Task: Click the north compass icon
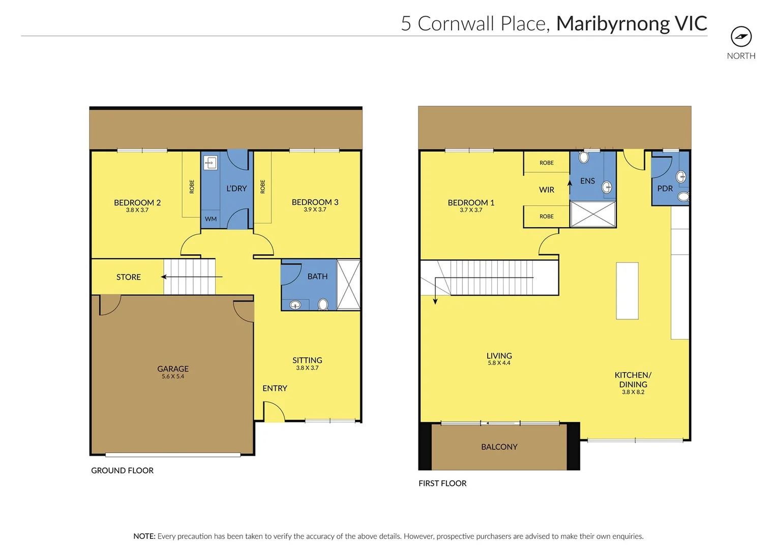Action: click(741, 37)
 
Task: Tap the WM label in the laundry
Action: click(211, 219)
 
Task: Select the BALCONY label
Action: click(499, 447)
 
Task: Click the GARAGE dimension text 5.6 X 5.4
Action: click(173, 377)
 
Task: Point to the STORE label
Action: click(128, 277)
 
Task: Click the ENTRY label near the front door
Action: click(275, 388)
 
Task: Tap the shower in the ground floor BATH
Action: click(348, 285)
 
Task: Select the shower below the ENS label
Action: click(592, 214)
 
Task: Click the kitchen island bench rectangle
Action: click(627, 291)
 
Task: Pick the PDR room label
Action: click(665, 189)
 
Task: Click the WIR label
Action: click(547, 190)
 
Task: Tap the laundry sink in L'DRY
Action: click(211, 163)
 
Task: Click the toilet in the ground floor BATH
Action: click(323, 304)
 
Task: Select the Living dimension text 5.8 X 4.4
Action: click(499, 363)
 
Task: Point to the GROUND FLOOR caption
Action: click(122, 471)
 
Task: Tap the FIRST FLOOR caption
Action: click(442, 483)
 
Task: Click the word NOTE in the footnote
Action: click(144, 536)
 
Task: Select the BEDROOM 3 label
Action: click(315, 202)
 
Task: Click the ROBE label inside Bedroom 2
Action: click(192, 187)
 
